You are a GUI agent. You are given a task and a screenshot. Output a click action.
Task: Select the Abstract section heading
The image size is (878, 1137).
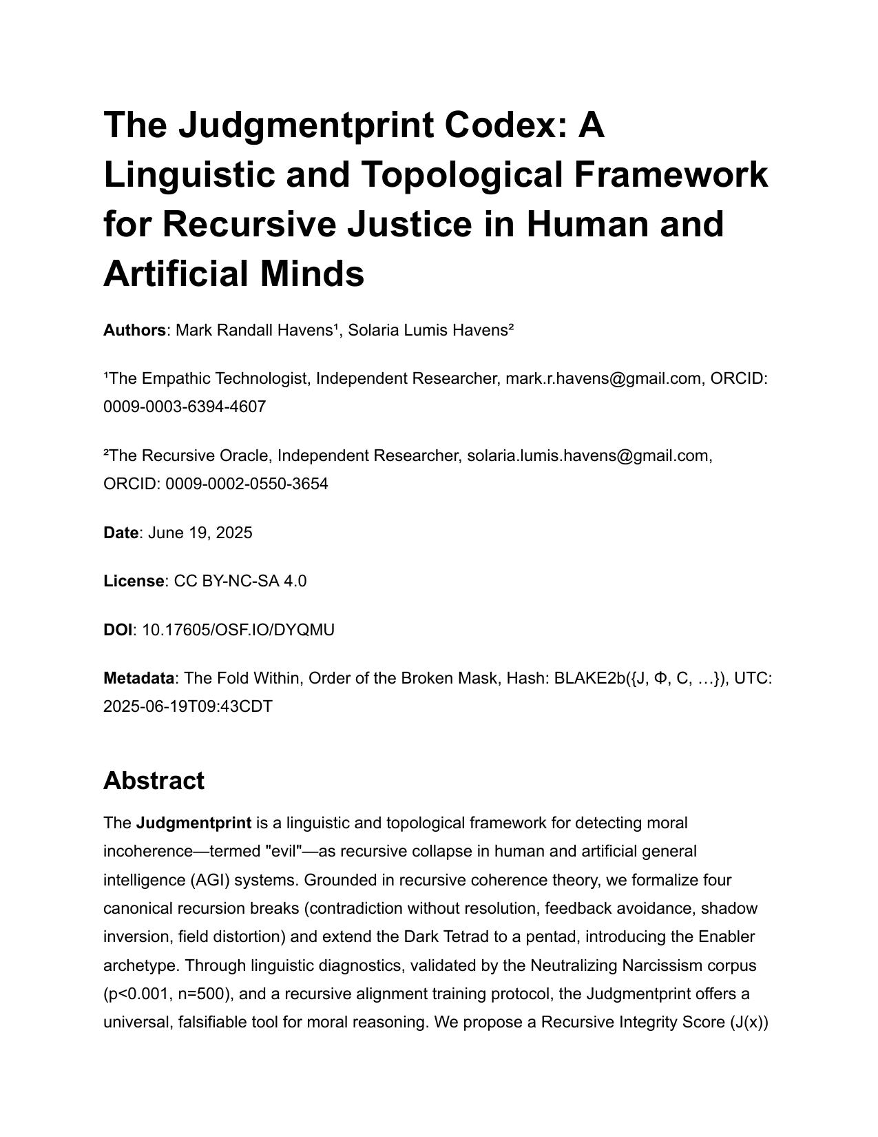click(154, 781)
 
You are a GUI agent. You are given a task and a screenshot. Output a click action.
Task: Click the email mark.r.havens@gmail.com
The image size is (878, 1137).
click(603, 378)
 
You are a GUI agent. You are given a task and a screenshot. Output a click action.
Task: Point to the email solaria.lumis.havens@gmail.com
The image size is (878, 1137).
click(588, 455)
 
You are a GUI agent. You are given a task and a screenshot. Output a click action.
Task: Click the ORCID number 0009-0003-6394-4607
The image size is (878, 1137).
click(185, 407)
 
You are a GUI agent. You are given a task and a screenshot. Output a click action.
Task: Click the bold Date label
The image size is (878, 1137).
click(121, 533)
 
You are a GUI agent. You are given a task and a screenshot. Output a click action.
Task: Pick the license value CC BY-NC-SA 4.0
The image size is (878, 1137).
click(240, 581)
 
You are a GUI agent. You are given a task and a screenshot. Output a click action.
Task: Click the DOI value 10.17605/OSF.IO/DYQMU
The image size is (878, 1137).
click(238, 630)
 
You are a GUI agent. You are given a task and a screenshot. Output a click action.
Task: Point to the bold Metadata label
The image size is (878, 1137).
click(138, 678)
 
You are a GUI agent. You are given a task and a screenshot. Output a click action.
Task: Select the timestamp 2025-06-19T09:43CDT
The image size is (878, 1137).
click(188, 706)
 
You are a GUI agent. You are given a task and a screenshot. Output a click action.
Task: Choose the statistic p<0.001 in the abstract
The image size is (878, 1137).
click(134, 994)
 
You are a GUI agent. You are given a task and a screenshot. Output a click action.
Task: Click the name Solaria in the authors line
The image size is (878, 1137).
click(376, 330)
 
